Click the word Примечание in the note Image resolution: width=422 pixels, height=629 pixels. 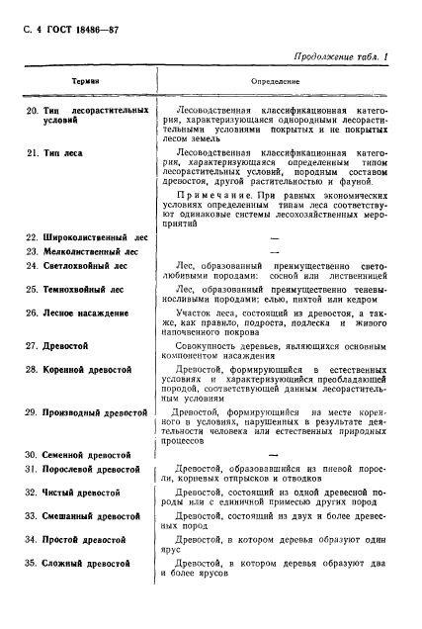[209, 197]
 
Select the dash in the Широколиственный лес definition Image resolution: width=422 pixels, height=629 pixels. [274, 238]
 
